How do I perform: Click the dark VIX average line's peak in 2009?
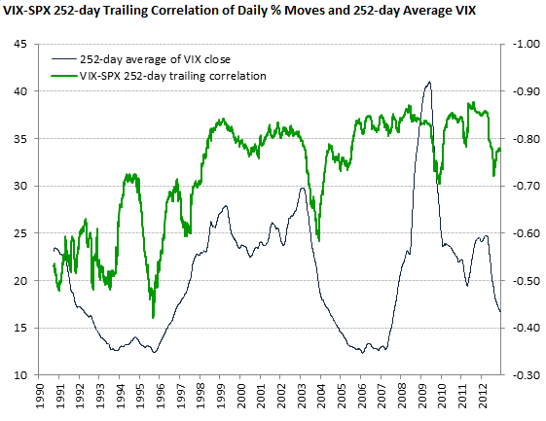tap(428, 83)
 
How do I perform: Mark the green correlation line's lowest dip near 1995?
tap(153, 316)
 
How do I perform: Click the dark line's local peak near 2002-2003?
tap(302, 188)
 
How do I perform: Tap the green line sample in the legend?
tap(69, 74)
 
